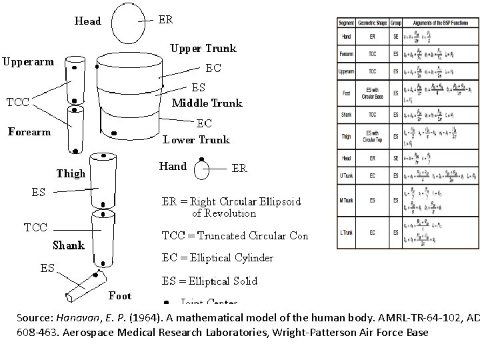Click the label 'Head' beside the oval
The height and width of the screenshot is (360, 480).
(x=88, y=21)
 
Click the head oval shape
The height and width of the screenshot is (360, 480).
(x=128, y=22)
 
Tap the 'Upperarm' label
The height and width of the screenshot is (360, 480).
(x=28, y=62)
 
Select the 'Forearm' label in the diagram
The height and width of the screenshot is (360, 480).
(x=29, y=131)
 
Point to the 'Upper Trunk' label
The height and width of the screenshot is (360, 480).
(x=203, y=48)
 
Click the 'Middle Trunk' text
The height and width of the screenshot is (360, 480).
(x=207, y=103)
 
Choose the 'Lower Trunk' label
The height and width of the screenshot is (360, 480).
(x=196, y=139)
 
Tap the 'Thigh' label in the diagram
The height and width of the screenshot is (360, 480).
(x=71, y=174)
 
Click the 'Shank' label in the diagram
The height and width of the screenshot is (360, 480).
(x=68, y=245)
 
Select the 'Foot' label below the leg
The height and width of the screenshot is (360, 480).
(x=120, y=295)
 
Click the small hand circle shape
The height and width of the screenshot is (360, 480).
(x=201, y=170)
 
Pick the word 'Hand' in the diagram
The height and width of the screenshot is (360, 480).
(x=173, y=166)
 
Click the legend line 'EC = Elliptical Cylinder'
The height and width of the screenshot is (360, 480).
(x=218, y=258)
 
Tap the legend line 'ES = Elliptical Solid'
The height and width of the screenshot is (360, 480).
(x=210, y=281)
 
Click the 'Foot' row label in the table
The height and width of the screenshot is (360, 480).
(x=347, y=93)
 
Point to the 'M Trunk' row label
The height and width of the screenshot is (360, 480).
(x=347, y=200)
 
